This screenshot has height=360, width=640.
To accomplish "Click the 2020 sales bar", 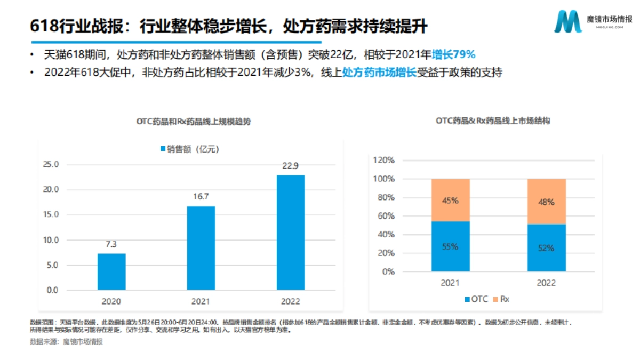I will (111, 271).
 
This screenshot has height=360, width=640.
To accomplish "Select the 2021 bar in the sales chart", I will (201, 248).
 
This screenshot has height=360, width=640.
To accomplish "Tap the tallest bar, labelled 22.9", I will (291, 233).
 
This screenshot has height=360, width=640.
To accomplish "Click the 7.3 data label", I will (111, 244).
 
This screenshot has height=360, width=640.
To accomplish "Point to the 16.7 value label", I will (201, 197).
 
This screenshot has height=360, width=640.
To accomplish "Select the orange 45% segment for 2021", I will (450, 200).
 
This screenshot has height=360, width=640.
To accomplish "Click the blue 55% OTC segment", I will (450, 246).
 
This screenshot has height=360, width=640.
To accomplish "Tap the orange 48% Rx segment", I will (547, 202).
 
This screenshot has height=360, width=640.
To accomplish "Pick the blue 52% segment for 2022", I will (547, 248).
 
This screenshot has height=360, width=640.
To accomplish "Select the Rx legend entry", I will (500, 299).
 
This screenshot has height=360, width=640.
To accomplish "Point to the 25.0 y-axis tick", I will (51, 164).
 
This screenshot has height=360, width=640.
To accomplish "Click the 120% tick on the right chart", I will (384, 160).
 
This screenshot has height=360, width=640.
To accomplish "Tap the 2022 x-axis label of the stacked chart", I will (547, 283).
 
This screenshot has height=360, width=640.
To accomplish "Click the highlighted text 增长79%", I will (453, 54).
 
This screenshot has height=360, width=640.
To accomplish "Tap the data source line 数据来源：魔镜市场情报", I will (66, 342).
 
